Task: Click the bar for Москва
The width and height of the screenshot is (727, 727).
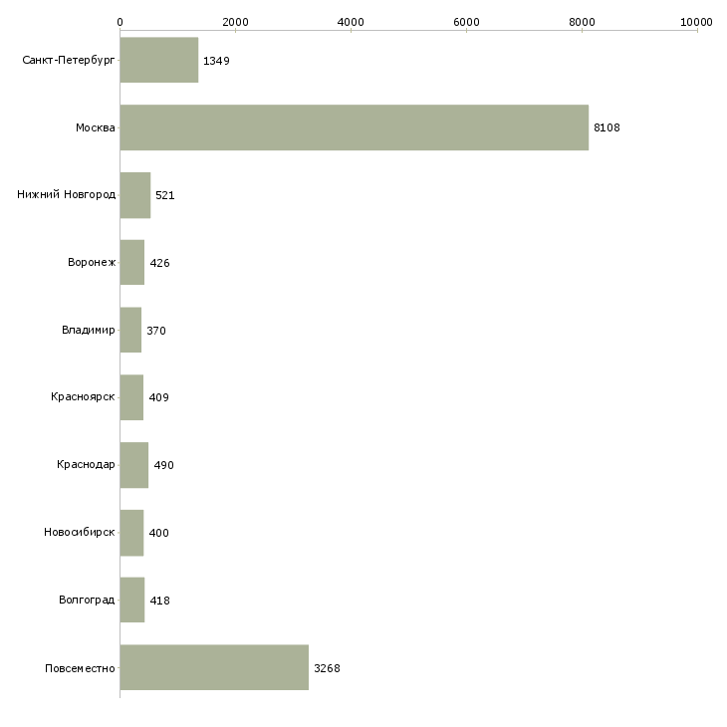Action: (x=354, y=127)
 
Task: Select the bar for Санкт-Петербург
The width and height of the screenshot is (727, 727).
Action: (x=158, y=61)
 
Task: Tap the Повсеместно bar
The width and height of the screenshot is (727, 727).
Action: (x=214, y=667)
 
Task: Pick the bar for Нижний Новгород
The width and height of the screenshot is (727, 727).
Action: (x=134, y=195)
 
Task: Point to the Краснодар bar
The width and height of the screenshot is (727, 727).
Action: (x=133, y=465)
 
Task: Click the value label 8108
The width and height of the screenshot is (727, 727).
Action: (x=606, y=128)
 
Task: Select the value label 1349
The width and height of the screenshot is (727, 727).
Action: (x=216, y=61)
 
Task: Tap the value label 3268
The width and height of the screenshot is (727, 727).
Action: (x=327, y=668)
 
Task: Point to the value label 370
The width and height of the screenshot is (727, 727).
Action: (x=156, y=331)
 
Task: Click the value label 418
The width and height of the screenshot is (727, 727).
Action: (x=159, y=601)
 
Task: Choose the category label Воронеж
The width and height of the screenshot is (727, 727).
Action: (x=92, y=263)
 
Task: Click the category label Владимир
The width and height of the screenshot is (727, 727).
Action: (x=88, y=330)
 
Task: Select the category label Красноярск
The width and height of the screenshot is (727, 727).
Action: (x=83, y=397)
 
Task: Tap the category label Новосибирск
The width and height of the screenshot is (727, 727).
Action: (x=80, y=533)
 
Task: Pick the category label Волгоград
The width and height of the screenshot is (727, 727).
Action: (x=87, y=601)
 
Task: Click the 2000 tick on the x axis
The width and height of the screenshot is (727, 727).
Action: (x=235, y=21)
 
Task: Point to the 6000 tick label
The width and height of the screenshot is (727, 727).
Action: (x=466, y=21)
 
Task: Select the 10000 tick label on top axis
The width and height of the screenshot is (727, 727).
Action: (x=697, y=21)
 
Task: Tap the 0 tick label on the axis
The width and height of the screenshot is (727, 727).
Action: (x=120, y=21)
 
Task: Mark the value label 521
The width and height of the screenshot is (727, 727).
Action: (x=164, y=195)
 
